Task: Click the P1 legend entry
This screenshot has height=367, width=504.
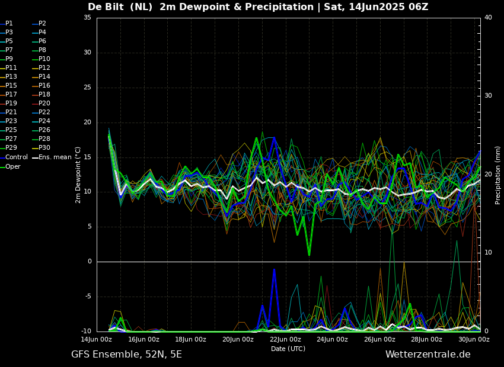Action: [7, 24]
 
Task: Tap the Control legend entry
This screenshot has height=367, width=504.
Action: [14, 157]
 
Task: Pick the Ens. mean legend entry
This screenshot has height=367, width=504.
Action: [52, 157]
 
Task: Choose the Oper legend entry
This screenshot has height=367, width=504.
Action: [10, 166]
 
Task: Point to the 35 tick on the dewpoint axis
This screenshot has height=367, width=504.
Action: [87, 18]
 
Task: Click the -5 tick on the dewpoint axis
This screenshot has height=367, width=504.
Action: [87, 297]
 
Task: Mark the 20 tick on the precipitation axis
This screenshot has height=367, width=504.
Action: [488, 174]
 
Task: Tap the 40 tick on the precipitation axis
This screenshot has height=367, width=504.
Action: [488, 18]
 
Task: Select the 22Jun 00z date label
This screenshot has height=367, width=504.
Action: [285, 339]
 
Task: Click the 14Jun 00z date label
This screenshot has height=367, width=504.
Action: [96, 339]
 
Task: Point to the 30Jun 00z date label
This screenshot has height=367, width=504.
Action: [474, 339]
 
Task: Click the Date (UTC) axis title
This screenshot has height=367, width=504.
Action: [288, 349]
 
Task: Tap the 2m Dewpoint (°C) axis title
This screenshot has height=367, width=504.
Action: [78, 175]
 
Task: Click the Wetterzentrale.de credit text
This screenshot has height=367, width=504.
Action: [428, 355]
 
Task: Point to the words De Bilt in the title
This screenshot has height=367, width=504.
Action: [106, 7]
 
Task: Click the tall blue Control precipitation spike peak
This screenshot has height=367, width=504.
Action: [274, 269]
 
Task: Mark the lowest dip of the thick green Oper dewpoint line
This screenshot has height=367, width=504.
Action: [309, 255]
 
